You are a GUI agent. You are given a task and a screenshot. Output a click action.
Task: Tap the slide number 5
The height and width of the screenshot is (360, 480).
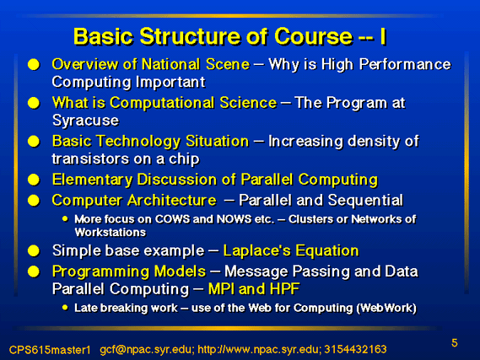coord(455,343)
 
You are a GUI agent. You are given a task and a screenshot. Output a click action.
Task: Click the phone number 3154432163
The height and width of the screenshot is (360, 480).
coord(355,349)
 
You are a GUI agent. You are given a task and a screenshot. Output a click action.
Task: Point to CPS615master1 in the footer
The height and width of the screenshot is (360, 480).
coord(50,350)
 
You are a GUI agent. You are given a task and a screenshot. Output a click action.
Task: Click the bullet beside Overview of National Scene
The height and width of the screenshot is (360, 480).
coord(34,65)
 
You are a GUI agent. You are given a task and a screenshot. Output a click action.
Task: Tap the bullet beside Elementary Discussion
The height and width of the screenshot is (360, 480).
coord(34,180)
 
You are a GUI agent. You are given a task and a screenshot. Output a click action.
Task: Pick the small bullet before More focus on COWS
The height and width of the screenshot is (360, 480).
coord(65,218)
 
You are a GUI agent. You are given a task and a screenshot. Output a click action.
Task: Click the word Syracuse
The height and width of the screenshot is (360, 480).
coord(85,121)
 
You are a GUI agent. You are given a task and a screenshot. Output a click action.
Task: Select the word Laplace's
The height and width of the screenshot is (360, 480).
coord(256,250)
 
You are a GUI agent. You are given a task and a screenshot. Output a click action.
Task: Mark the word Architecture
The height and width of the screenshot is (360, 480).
coord(172,201)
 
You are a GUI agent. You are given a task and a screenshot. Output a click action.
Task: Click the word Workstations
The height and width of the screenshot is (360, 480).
coord(111,233)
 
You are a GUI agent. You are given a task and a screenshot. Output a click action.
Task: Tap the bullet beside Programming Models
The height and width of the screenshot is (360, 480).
coord(34,271)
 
